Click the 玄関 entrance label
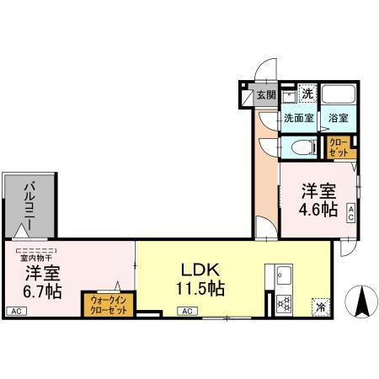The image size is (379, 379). pos(266,96)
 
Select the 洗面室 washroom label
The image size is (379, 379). pos(298,118)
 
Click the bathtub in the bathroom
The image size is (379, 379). pos(339,95)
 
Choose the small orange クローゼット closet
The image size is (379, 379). pos(339,147)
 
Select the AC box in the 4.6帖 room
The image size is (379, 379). pos(350,215)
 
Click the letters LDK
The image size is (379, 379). pos(200,270)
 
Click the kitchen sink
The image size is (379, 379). pos(280,275)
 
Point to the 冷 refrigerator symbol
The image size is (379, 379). pos(320,307)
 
